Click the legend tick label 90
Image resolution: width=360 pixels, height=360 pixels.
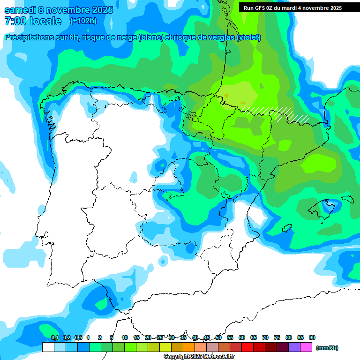point(312,337)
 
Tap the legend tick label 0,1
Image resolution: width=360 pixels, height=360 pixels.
point(54,337)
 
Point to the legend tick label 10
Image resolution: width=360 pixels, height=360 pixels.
point(125,337)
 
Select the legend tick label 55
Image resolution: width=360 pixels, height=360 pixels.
point(230,337)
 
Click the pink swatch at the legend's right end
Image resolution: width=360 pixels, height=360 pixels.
point(306,347)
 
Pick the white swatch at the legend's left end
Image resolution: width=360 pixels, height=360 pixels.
point(48,347)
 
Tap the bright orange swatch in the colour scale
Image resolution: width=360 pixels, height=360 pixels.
point(189,347)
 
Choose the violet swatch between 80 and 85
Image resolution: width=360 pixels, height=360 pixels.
point(294,347)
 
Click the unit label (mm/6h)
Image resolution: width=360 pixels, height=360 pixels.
point(327,348)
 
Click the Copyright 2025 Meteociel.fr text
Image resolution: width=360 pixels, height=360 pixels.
point(199,357)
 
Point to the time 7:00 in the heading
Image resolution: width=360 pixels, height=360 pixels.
point(15,21)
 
